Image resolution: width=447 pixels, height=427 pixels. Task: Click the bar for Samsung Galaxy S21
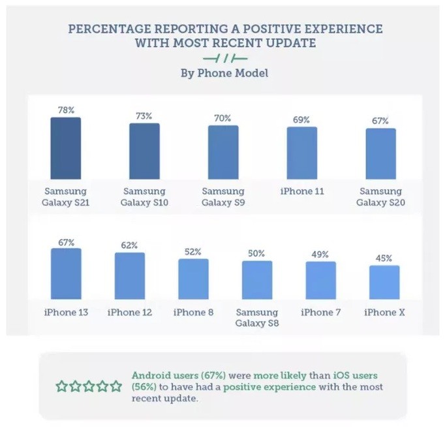(x=66, y=148)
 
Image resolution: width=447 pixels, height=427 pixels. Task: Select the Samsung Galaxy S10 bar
(x=144, y=151)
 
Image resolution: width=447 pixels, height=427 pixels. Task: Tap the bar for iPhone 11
(x=302, y=153)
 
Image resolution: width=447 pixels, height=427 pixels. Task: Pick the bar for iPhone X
(x=384, y=282)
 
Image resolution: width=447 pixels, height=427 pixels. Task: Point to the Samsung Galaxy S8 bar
(x=257, y=280)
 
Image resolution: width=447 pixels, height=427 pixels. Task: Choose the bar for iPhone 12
(x=129, y=276)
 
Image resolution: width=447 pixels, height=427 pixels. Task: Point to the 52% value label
(x=193, y=251)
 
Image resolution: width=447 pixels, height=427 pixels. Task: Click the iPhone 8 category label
(x=193, y=313)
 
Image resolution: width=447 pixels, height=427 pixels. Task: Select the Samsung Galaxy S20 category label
(x=381, y=197)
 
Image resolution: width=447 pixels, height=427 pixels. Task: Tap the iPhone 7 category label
(x=320, y=313)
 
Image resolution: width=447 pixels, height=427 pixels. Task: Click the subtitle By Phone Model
(x=224, y=73)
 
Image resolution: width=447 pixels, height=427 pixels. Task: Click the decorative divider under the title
(x=224, y=58)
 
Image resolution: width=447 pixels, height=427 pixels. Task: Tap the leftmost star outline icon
(x=62, y=387)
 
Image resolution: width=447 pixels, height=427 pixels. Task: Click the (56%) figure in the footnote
(x=144, y=387)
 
